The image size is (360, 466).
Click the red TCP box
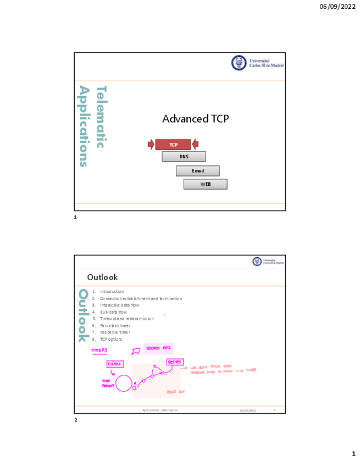click(173, 145)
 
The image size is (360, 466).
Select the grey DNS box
click(184, 157)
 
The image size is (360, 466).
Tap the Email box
click(197, 171)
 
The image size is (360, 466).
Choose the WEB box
click(205, 184)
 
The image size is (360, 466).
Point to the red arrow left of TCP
click(151, 145)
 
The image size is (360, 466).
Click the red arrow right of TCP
click(195, 145)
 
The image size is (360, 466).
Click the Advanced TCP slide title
click(195, 119)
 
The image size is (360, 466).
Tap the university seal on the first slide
click(239, 63)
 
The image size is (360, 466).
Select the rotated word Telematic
click(101, 116)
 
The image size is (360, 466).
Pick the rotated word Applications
click(84, 126)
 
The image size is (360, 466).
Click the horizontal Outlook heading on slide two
click(102, 277)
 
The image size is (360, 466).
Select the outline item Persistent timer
click(115, 325)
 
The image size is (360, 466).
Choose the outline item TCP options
click(111, 339)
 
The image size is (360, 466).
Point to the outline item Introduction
click(112, 291)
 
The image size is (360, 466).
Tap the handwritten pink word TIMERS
click(99, 350)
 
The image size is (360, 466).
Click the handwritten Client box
click(115, 364)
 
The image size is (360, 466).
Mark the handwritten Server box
click(174, 362)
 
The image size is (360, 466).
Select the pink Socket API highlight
click(158, 348)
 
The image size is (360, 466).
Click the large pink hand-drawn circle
click(124, 383)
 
